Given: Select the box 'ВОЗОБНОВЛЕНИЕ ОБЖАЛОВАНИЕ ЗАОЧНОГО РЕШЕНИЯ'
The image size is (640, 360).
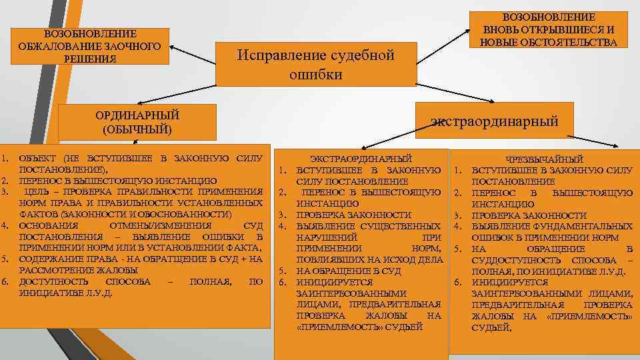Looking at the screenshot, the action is tap(89, 47).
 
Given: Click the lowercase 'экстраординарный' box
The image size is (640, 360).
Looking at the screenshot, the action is tap(494, 121).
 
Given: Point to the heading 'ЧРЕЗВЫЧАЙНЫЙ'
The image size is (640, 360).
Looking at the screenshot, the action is tap(545, 159).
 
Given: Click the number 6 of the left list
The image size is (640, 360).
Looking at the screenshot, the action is tap(5, 281).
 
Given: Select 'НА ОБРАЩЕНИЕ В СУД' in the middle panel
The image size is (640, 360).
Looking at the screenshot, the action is tap(348, 271).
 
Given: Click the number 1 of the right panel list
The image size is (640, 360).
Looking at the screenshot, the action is tap(458, 170).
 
